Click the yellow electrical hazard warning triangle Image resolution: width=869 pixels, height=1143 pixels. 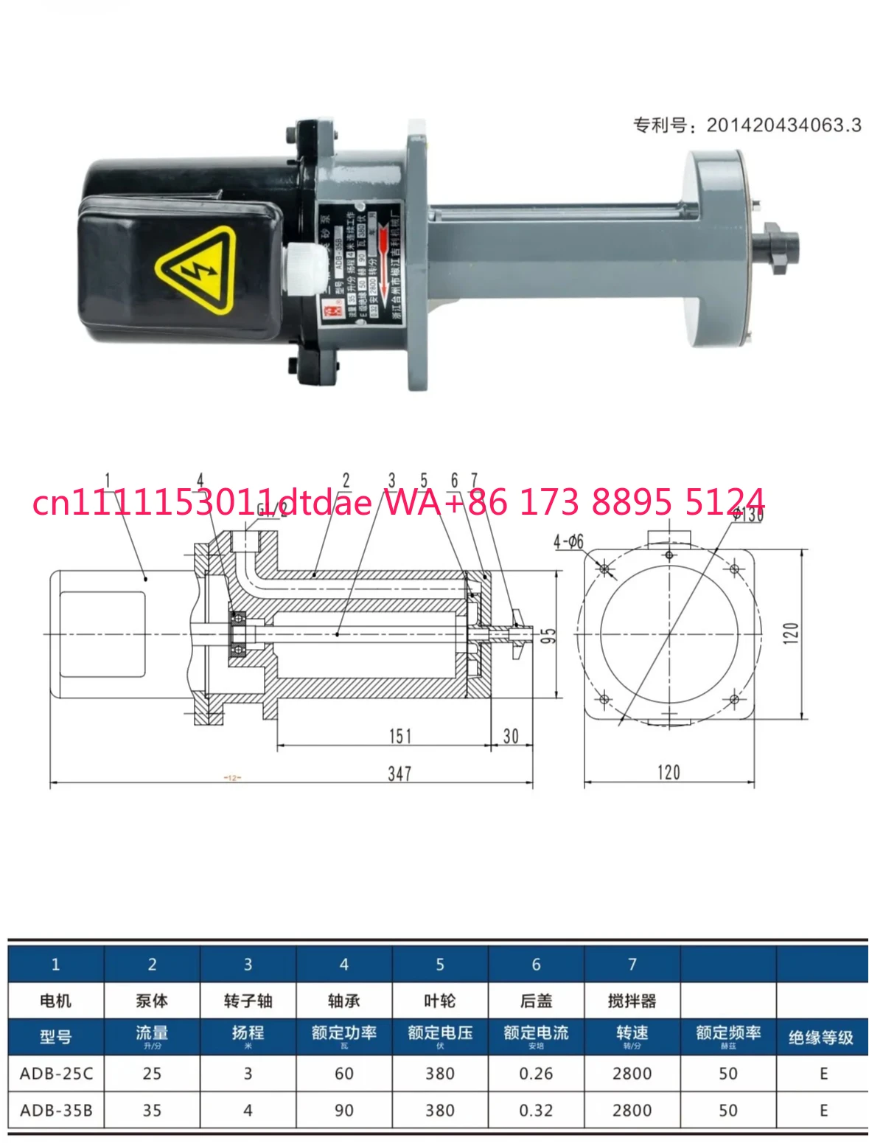[x=195, y=269]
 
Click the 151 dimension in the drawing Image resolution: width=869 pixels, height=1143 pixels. [x=400, y=736]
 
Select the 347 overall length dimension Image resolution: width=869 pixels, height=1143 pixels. [x=399, y=774]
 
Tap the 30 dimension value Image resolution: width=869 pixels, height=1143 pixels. [x=511, y=736]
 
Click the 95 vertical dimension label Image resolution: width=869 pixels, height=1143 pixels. [x=548, y=636]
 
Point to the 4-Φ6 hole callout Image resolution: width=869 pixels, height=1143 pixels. [x=568, y=542]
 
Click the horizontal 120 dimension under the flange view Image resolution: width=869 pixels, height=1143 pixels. [x=669, y=772]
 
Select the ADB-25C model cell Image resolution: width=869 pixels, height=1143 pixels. [x=56, y=1074]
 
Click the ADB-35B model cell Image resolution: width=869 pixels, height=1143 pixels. [x=56, y=1111]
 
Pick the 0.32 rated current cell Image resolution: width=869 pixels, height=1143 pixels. [x=536, y=1111]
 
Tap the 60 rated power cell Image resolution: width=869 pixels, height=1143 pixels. [x=344, y=1074]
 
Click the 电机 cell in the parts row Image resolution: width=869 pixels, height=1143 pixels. [x=56, y=1001]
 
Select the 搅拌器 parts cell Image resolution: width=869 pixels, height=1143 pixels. [x=632, y=1001]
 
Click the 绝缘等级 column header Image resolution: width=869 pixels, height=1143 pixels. [x=821, y=1038]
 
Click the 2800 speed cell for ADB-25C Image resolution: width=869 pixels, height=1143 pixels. [x=632, y=1074]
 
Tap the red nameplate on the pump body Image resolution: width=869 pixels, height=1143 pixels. [x=358, y=262]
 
